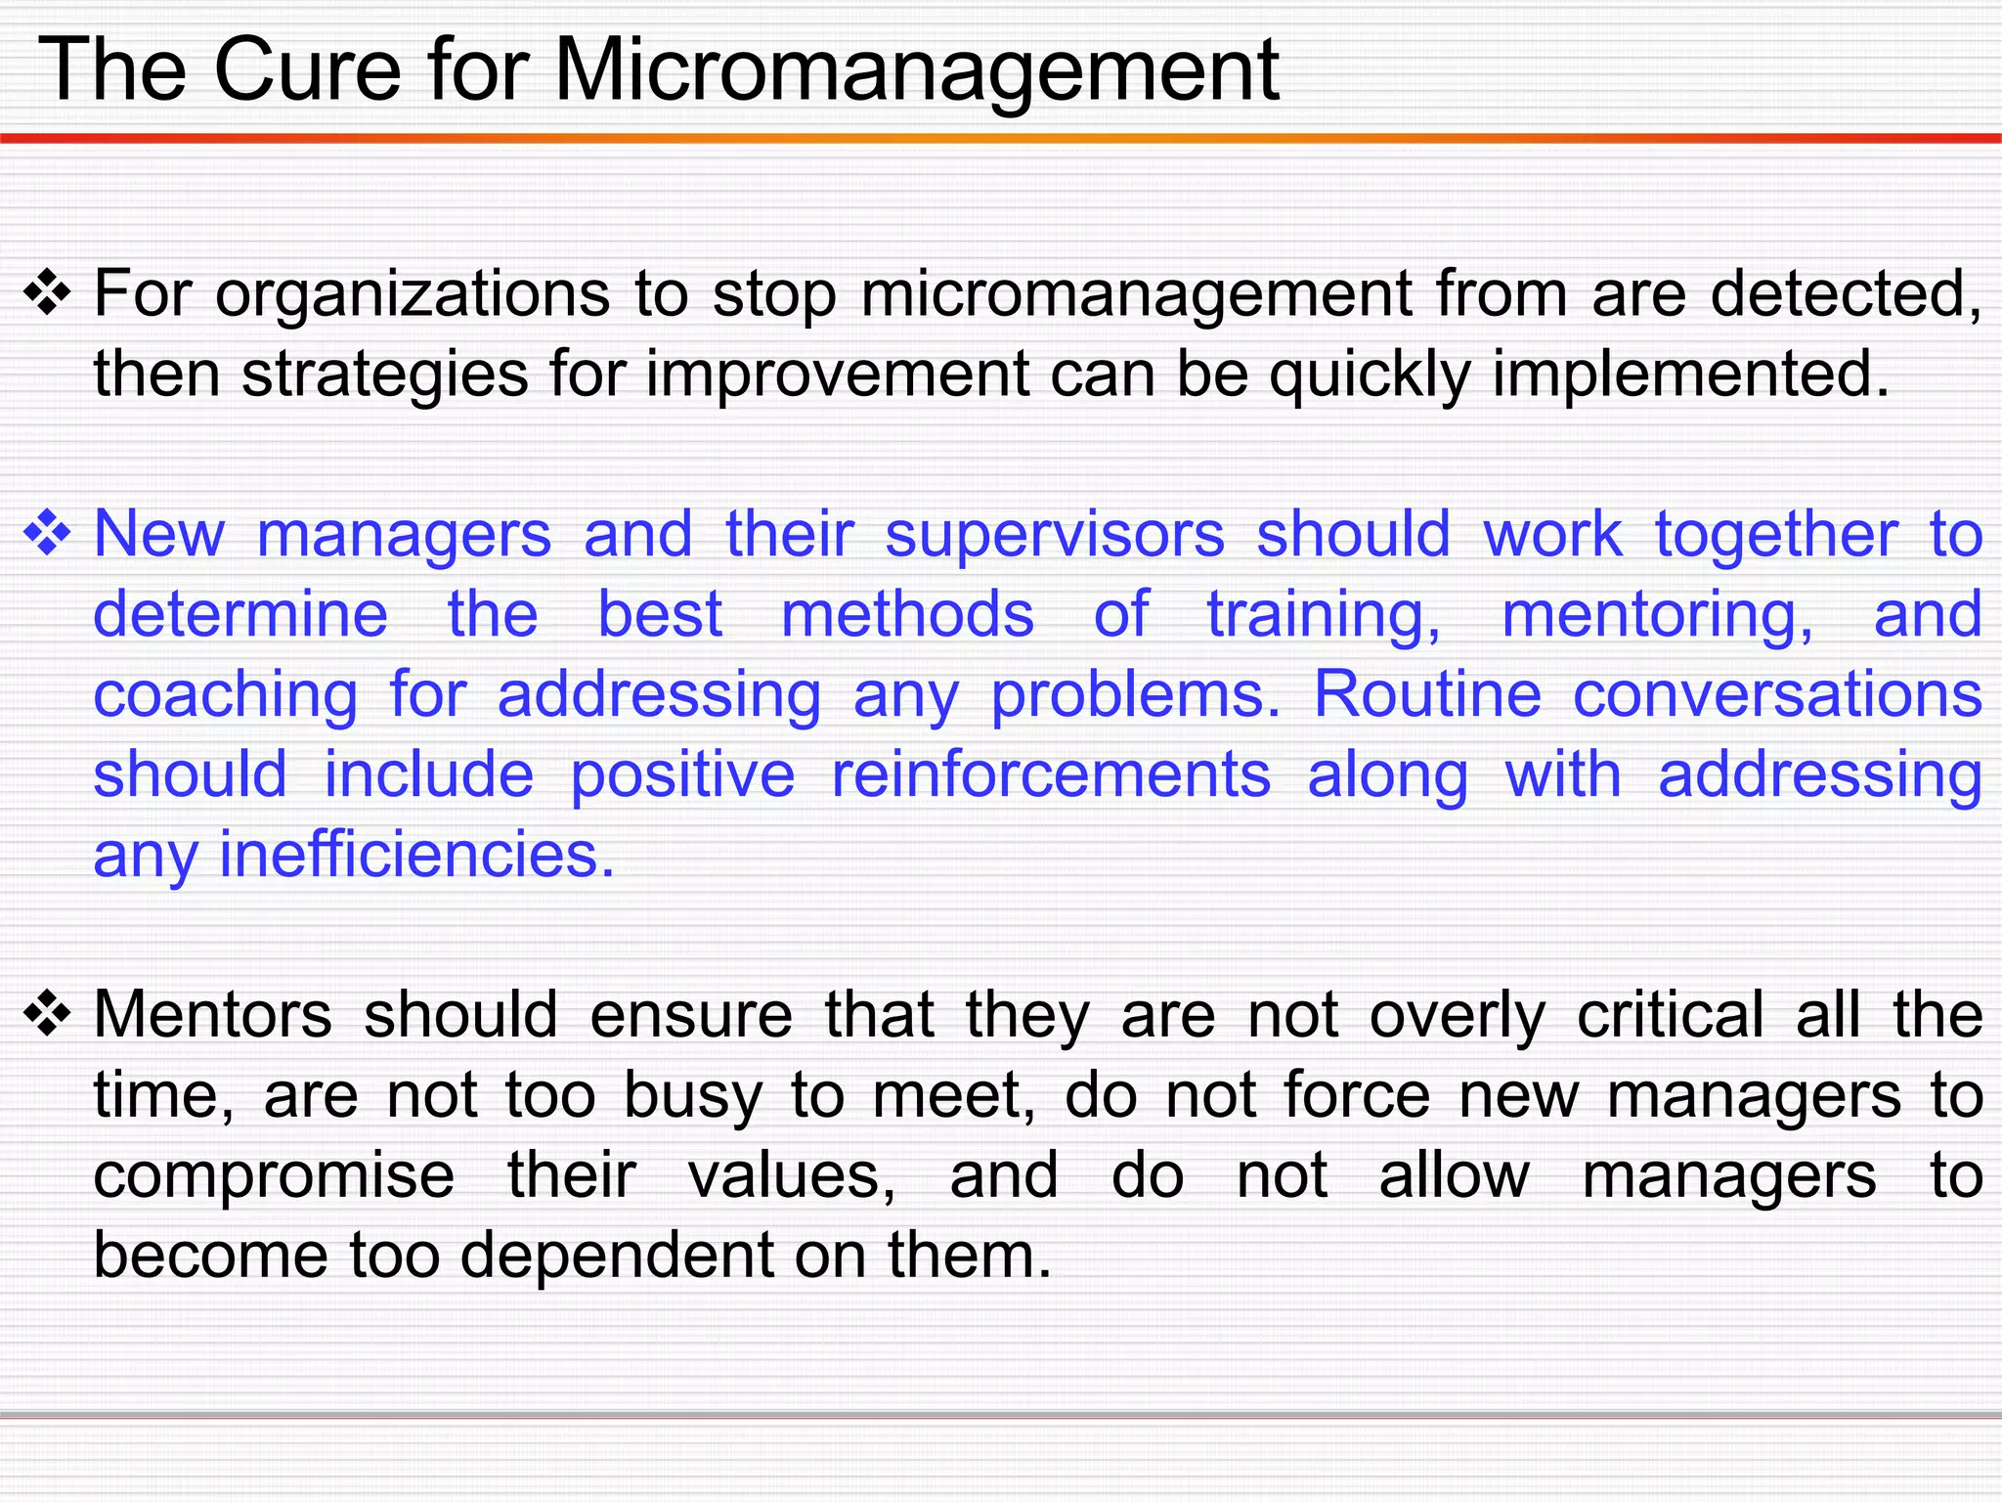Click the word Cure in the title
point(307,70)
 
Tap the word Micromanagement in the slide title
point(916,70)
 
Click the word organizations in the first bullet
point(412,294)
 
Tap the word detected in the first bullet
point(1846,294)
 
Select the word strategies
point(384,375)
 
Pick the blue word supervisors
point(1055,535)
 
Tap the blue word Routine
point(1427,695)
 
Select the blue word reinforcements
point(1051,775)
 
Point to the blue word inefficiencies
point(416,856)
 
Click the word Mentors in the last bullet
point(213,1015)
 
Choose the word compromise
point(275,1175)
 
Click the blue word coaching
point(226,695)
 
